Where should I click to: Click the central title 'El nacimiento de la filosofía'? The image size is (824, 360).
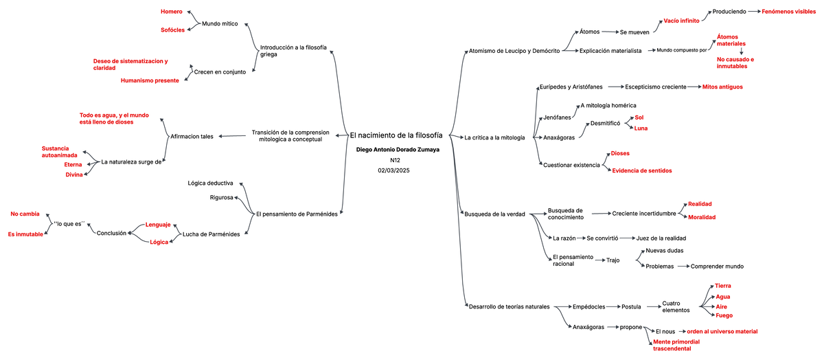click(396, 135)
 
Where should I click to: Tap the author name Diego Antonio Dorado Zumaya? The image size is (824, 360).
click(398, 149)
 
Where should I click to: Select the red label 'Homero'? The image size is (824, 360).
click(171, 12)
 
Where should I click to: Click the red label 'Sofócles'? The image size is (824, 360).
click(173, 30)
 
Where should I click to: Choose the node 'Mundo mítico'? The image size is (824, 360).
click(220, 23)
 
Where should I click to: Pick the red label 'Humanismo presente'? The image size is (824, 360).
click(150, 80)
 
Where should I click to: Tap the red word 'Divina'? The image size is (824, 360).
click(74, 175)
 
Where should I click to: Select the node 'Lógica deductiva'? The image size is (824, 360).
click(211, 183)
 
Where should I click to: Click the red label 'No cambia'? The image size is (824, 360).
click(25, 214)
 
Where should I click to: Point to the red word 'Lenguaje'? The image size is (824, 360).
click(158, 225)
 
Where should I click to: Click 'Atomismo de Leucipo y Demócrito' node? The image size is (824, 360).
click(514, 50)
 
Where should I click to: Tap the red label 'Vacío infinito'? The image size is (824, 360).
click(681, 21)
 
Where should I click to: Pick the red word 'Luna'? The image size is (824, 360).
click(641, 128)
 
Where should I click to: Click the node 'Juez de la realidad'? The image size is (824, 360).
click(662, 238)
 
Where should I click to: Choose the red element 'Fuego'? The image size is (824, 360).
click(724, 315)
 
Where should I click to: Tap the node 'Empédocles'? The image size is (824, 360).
click(588, 306)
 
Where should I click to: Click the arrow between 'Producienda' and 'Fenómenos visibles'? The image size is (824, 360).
click(753, 12)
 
